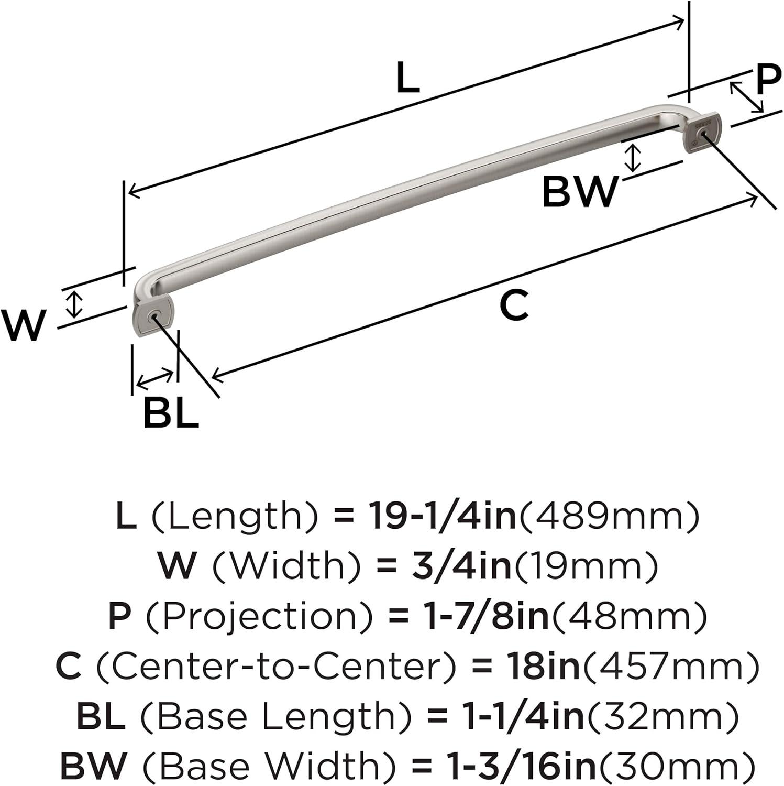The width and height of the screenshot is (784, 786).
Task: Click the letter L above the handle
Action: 407,77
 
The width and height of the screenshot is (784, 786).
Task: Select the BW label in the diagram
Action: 580,192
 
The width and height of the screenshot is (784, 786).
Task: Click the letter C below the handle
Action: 514,305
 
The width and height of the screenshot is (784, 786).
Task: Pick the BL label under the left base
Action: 171,412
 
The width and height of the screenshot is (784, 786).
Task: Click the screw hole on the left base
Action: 153,317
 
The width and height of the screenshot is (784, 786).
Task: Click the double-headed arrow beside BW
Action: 634,158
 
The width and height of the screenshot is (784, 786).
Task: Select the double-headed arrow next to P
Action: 747,97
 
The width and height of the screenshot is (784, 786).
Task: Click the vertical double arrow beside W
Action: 76,304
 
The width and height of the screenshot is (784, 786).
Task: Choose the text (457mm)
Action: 671,667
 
